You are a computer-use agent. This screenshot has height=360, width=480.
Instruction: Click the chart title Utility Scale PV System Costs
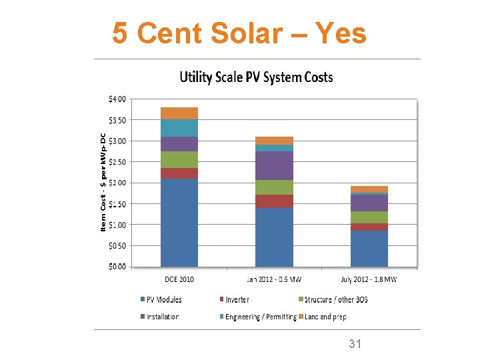256,77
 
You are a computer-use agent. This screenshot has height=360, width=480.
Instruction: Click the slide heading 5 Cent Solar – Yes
239,32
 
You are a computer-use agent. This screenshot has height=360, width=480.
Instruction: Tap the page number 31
355,344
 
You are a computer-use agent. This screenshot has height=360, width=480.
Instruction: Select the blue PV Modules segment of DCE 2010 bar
179,222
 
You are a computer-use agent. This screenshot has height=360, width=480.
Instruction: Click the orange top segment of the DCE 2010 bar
179,113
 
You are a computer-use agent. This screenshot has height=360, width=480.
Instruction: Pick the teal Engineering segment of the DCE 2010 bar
179,128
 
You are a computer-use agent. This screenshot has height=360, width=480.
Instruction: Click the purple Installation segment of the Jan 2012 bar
274,165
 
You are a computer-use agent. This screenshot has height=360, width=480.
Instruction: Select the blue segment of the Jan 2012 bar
274,237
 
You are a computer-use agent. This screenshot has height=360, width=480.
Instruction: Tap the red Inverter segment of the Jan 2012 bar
274,201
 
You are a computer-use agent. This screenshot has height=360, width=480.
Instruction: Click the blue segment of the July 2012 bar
369,248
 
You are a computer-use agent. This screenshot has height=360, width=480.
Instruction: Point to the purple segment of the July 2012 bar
369,203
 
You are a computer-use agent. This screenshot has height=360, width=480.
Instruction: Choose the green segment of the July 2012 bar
369,217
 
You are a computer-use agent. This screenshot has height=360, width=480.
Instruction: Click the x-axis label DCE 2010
179,279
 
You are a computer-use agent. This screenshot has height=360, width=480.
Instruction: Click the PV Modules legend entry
161,299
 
